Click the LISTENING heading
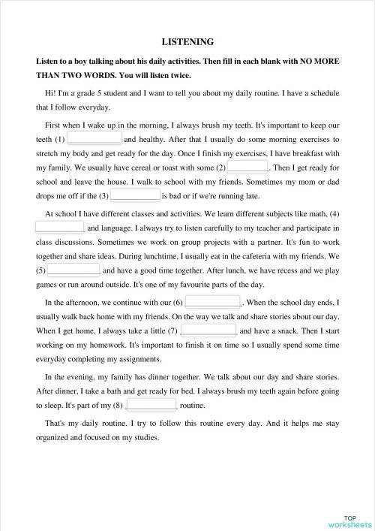click(x=187, y=42)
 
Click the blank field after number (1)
click(x=94, y=139)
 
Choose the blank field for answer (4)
click(x=60, y=227)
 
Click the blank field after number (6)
click(x=213, y=302)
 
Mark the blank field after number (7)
click(x=208, y=330)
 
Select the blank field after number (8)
click(x=151, y=405)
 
